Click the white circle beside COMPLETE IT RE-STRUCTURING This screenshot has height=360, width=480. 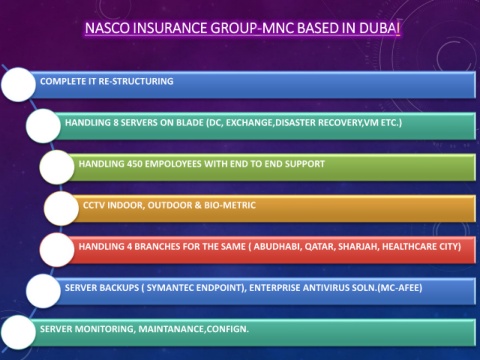(x=18, y=85)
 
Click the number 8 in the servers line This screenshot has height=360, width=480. (x=116, y=123)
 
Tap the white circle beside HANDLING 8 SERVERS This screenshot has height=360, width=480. (x=43, y=126)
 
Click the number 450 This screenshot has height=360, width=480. (x=134, y=164)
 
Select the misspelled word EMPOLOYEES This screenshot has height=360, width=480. (x=173, y=164)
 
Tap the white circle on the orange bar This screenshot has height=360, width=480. (x=61, y=208)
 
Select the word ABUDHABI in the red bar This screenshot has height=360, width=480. (x=277, y=247)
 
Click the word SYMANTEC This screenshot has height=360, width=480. (x=170, y=288)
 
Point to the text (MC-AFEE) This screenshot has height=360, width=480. (x=400, y=288)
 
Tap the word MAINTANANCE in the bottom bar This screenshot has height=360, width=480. (x=172, y=329)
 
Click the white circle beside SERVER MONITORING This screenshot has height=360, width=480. (x=18, y=332)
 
